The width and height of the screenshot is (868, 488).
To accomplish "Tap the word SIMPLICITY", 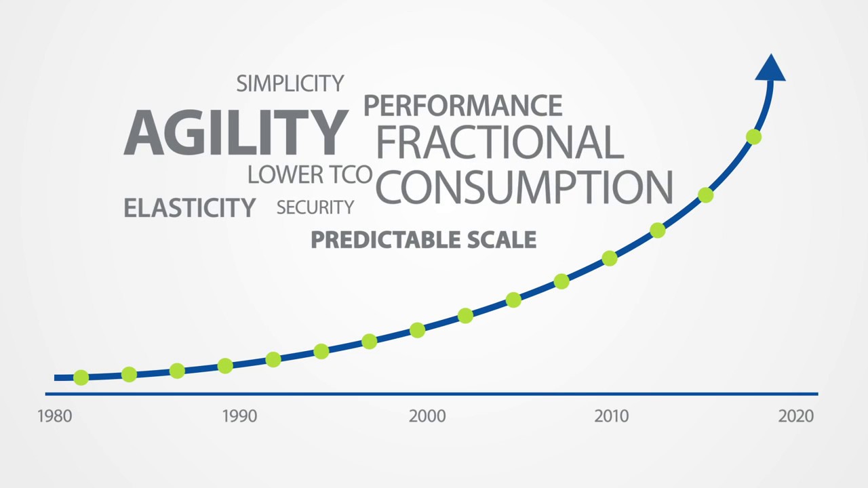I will tap(290, 84).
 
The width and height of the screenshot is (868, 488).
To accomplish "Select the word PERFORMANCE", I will tap(462, 106).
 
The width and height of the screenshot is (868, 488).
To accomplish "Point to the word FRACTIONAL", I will tap(499, 142).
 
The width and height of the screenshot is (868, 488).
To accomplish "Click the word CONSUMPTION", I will tap(524, 187).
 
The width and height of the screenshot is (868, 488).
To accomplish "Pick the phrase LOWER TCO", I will tap(310, 175).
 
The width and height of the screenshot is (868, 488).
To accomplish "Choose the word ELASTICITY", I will tap(189, 207).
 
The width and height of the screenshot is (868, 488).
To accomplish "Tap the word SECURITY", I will tap(315, 207).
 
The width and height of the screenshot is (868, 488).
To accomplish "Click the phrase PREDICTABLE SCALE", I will tap(423, 240).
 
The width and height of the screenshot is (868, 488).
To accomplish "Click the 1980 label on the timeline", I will tap(55, 415).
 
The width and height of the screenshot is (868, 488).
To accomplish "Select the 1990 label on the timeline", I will tap(239, 415).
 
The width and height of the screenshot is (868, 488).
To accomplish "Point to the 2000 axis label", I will tap(427, 415).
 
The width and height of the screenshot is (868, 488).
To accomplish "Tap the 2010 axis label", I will tap(612, 415).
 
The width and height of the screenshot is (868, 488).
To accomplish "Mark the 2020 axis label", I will tap(795, 415).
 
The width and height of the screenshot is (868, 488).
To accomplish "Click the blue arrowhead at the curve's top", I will tap(770, 68).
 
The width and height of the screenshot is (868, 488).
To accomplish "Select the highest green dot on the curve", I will tap(753, 137).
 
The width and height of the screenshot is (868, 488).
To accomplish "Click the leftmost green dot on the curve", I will tap(81, 377).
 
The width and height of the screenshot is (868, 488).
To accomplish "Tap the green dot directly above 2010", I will tap(609, 258).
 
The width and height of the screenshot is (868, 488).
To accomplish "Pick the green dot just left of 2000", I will tap(417, 330).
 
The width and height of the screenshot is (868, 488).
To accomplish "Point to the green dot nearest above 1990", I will tap(225, 366).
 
